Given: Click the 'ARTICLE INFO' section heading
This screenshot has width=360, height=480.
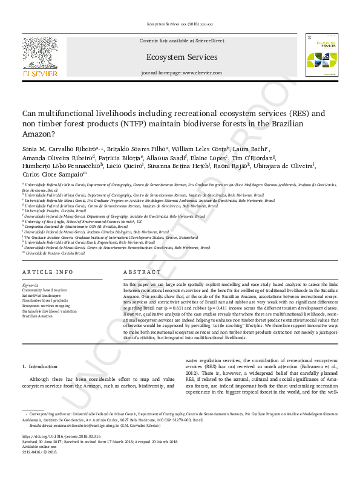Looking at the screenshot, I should pos(49,273).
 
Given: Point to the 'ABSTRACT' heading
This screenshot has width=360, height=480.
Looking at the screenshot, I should pos(142,273).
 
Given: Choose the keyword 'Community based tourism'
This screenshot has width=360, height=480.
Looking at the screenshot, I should pos(44,289).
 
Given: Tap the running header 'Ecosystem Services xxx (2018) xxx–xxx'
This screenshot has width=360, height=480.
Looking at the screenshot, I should pos(180,24).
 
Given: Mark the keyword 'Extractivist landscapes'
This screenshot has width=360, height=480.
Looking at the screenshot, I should pos(42,294).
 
